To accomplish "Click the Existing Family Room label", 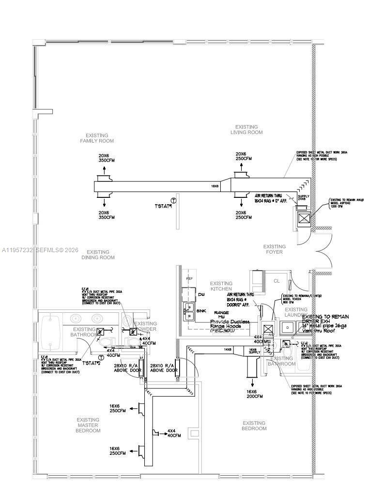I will click(97, 138).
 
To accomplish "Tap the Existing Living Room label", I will click(246, 129).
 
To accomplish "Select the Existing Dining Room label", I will click(98, 255).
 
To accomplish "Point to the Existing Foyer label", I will click(274, 249).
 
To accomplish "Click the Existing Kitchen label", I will click(221, 286).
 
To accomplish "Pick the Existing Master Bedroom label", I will click(88, 425).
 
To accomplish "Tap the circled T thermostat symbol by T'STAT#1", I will click(173, 200).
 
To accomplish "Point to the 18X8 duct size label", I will click(214, 186).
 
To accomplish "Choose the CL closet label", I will click(276, 281).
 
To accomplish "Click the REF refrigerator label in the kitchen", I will click(189, 279).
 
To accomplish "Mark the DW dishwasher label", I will click(201, 294).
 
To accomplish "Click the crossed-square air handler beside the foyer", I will click(304, 219).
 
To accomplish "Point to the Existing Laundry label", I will click(296, 312).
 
